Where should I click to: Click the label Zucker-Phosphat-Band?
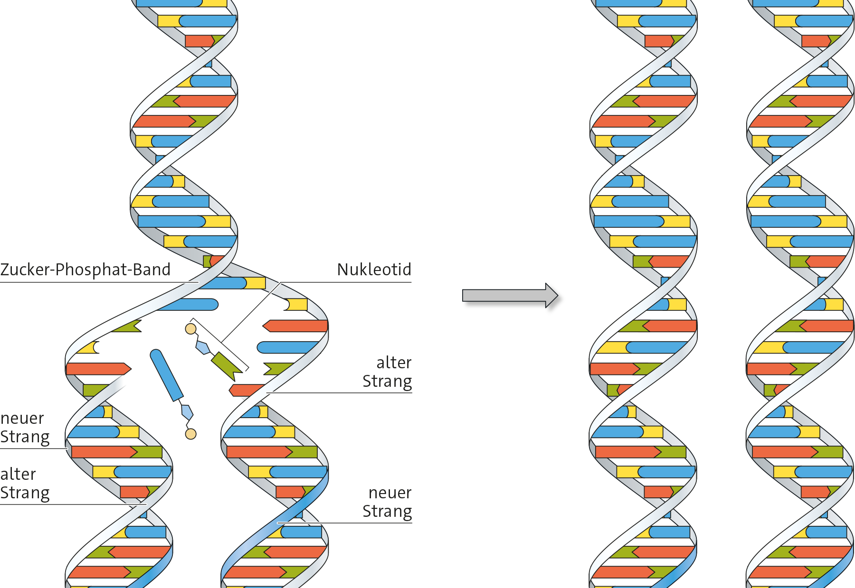click(85, 270)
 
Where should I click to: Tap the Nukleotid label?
click(374, 270)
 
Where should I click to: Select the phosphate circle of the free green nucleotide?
click(190, 329)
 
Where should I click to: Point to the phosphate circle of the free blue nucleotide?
click(190, 434)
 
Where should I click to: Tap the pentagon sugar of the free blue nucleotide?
click(187, 412)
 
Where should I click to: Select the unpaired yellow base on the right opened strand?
click(297, 304)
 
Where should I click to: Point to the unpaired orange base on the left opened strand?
click(97, 369)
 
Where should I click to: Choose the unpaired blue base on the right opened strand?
click(285, 347)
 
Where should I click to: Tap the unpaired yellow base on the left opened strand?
click(88, 348)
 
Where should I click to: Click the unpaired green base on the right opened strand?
click(277, 368)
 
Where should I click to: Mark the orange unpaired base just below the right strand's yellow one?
click(295, 326)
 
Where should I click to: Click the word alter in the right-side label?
click(394, 363)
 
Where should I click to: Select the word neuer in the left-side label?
click(22, 419)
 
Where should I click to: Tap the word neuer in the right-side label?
click(390, 493)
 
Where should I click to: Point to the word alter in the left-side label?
click(18, 474)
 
